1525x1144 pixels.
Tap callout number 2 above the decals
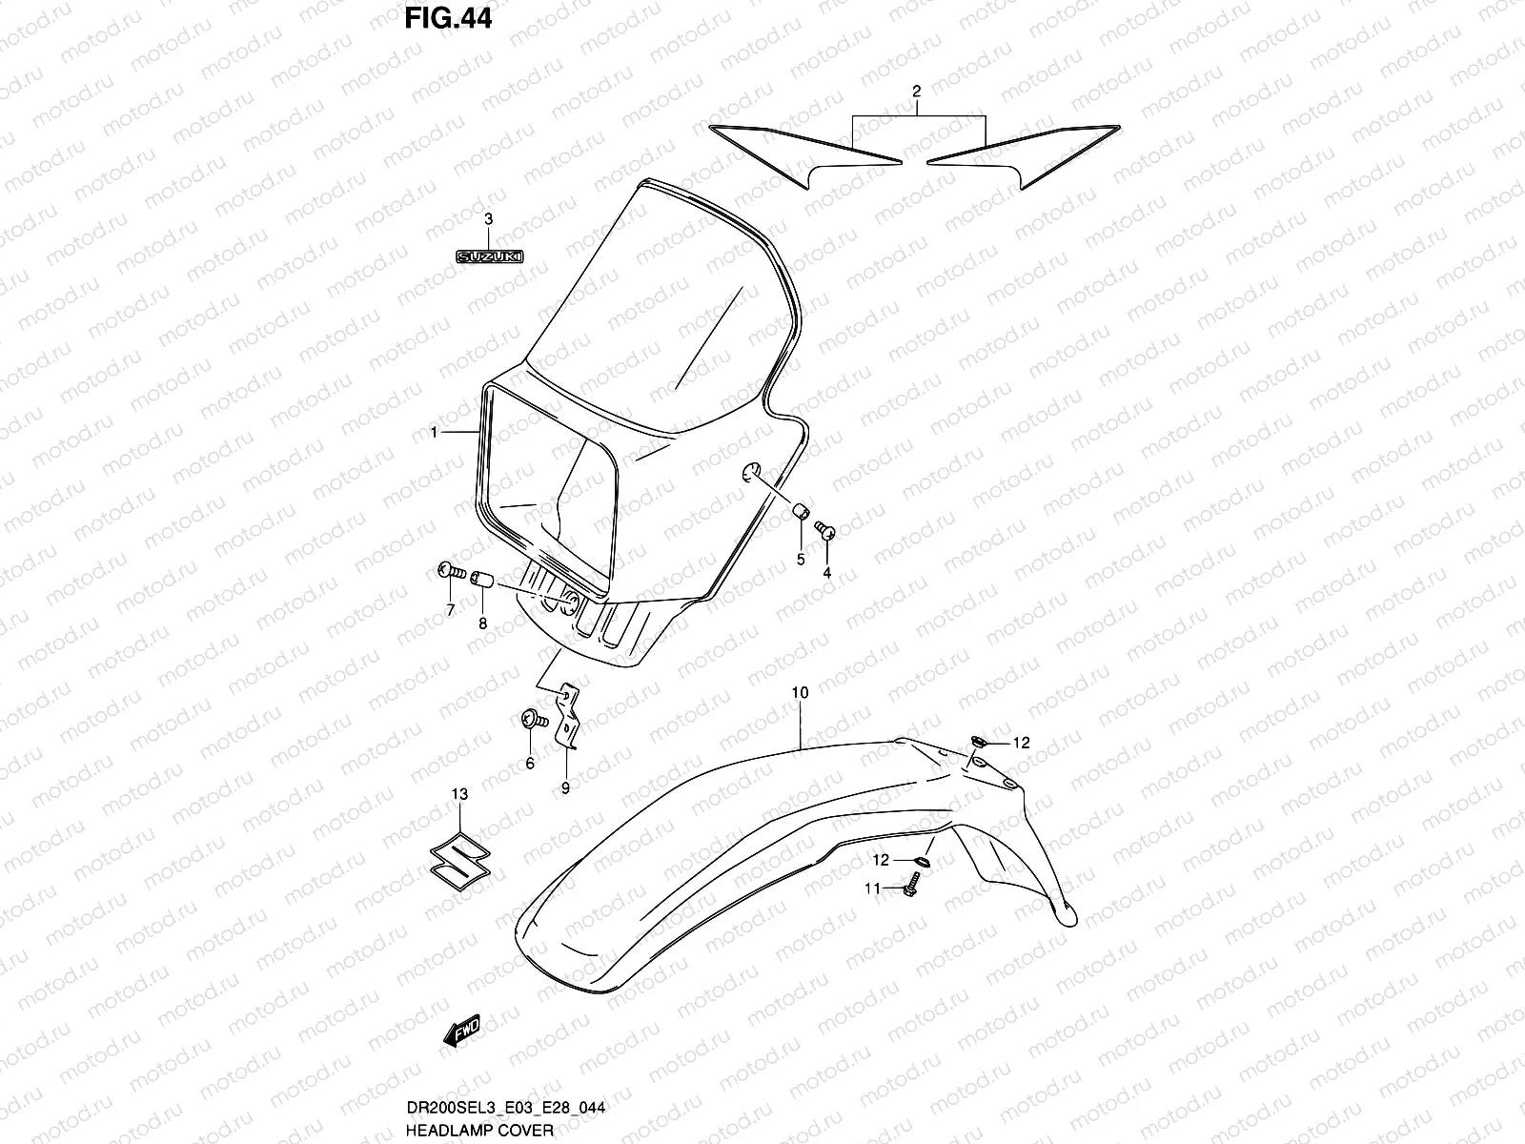pos(916,92)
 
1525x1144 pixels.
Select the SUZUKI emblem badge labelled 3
pos(493,257)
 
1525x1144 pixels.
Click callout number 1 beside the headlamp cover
pos(434,433)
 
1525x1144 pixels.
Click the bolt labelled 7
pos(449,572)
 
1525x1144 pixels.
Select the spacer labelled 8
pos(482,579)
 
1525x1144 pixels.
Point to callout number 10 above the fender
pos(800,693)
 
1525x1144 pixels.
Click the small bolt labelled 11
pos(909,889)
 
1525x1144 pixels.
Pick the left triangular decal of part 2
pos(810,152)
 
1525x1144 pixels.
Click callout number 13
pos(459,794)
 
